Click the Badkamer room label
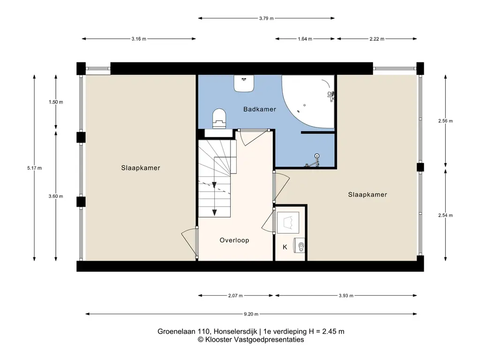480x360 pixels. (x=260, y=109)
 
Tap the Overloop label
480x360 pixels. (x=234, y=240)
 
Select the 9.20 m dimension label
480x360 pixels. (x=251, y=314)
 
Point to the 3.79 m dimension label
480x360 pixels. (x=266, y=18)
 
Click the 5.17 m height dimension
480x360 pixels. (x=34, y=168)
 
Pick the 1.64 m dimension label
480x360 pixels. (x=305, y=39)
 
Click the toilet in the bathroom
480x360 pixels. (x=219, y=118)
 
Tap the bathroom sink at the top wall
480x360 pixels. (x=244, y=83)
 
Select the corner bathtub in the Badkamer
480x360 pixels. (x=307, y=102)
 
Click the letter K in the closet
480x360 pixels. (x=285, y=247)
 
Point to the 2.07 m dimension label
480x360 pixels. (x=235, y=295)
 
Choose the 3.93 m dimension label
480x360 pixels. (x=346, y=295)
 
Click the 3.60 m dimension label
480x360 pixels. (x=56, y=196)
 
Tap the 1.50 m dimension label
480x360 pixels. (x=56, y=102)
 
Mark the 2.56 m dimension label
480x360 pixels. (x=445, y=120)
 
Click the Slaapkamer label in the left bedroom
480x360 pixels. (x=141, y=168)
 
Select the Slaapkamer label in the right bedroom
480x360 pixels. (x=367, y=195)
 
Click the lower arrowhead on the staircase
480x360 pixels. (x=214, y=213)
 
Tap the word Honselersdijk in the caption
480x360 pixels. (x=235, y=331)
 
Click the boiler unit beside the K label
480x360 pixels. (x=299, y=245)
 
